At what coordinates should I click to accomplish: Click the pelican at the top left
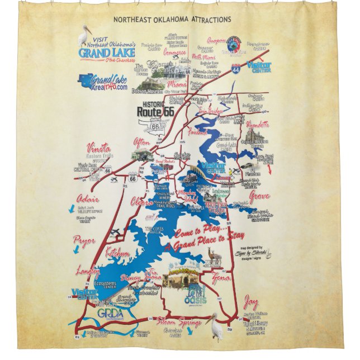tap(83, 36)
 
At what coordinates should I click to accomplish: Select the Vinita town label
tap(98, 148)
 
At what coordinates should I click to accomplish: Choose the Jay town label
tap(251, 303)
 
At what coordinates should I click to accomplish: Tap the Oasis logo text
tap(195, 300)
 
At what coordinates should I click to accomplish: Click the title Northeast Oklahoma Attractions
tap(172, 20)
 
